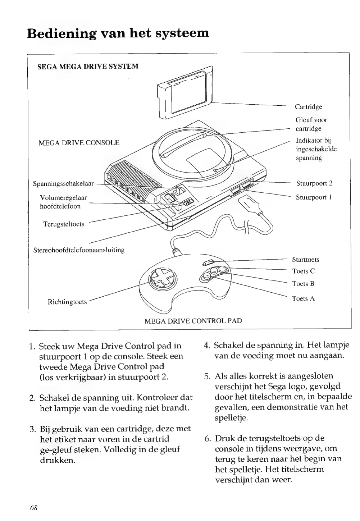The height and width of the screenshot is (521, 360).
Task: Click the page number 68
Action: [x=34, y=507]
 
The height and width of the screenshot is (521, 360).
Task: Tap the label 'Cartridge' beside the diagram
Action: [x=308, y=107]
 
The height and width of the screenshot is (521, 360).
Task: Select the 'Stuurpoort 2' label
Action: [x=314, y=183]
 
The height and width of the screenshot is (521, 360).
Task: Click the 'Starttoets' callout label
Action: [x=305, y=260]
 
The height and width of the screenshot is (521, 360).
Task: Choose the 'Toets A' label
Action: [x=303, y=298]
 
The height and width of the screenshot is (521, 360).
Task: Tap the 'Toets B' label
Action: [x=303, y=284]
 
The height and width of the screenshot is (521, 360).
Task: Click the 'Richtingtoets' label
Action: [x=67, y=302]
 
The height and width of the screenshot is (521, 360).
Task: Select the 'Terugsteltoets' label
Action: [x=64, y=224]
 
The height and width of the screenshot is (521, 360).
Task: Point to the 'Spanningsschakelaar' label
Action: [x=63, y=184]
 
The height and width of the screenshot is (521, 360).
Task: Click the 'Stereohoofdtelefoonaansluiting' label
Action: [x=79, y=250]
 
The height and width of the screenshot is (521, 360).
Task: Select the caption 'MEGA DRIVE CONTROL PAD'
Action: [x=193, y=321]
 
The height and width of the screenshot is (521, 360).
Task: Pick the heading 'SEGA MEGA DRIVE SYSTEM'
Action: [x=88, y=67]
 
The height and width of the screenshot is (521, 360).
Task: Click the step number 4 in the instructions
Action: [x=207, y=346]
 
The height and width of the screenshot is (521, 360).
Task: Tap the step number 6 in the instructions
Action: [x=207, y=439]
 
